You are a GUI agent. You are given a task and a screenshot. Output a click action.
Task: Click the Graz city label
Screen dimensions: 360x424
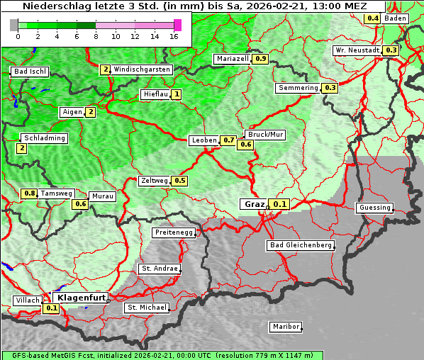click(254, 204)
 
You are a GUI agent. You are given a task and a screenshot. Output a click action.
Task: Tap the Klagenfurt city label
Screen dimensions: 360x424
click(81, 298)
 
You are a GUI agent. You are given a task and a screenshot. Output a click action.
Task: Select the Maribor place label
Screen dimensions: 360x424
click(286, 327)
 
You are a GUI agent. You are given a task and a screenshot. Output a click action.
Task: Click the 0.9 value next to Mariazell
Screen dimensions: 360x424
click(260, 59)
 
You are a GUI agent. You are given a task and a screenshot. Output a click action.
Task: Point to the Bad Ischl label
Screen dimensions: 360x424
click(30, 72)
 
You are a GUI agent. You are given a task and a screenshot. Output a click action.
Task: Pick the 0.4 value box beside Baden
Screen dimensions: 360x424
click(372, 18)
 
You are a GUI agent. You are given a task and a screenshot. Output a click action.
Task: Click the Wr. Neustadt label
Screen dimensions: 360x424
click(357, 50)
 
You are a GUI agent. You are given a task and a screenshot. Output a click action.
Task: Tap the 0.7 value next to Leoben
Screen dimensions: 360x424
click(228, 140)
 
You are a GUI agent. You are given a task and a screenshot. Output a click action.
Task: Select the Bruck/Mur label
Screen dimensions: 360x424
click(264, 134)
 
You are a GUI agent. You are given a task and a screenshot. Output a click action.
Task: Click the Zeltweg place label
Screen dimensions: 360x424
click(154, 181)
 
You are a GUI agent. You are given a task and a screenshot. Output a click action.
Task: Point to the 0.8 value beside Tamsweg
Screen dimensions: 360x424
click(29, 193)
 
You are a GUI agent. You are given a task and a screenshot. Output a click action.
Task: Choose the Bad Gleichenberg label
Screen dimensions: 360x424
click(300, 245)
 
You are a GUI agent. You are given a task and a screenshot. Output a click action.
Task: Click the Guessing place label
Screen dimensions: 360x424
click(374, 208)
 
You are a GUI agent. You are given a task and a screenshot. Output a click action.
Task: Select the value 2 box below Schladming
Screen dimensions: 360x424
click(21, 148)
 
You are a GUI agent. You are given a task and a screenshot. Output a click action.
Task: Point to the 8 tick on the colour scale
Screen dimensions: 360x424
click(96, 36)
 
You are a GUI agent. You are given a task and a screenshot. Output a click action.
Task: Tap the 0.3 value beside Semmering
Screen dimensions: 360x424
click(329, 88)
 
